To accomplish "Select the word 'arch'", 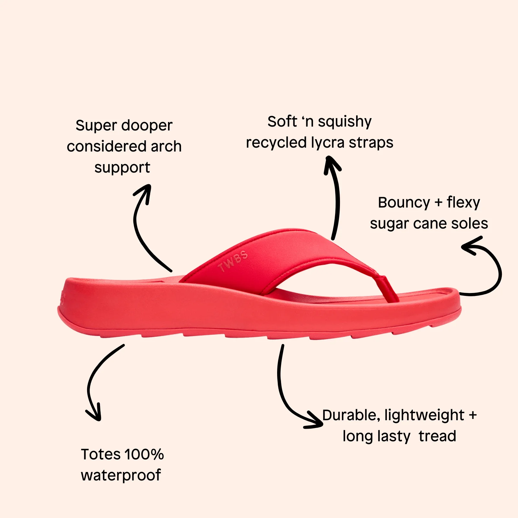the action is point(166,146).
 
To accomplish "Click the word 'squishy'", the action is point(345,122).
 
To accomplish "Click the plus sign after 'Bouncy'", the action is point(438,203).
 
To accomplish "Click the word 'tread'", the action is point(437,436).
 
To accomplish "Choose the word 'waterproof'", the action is point(121,476).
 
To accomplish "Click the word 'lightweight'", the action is point(424,416).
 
